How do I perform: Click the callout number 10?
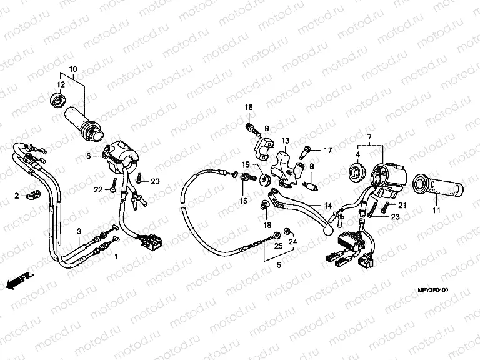pyautogui.click(x=73, y=69)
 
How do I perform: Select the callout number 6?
pyautogui.click(x=89, y=156)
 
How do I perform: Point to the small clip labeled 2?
pyautogui.click(x=32, y=195)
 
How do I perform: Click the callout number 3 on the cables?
pyautogui.click(x=79, y=231)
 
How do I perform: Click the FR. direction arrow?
pyautogui.click(x=19, y=281)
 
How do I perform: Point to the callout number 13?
pyautogui.click(x=285, y=141)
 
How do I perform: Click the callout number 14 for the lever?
pyautogui.click(x=328, y=206)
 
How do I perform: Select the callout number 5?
pyautogui.click(x=279, y=264)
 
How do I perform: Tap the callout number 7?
pyautogui.click(x=369, y=136)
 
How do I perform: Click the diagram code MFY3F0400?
pyautogui.click(x=433, y=290)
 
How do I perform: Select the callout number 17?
pyautogui.click(x=328, y=150)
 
